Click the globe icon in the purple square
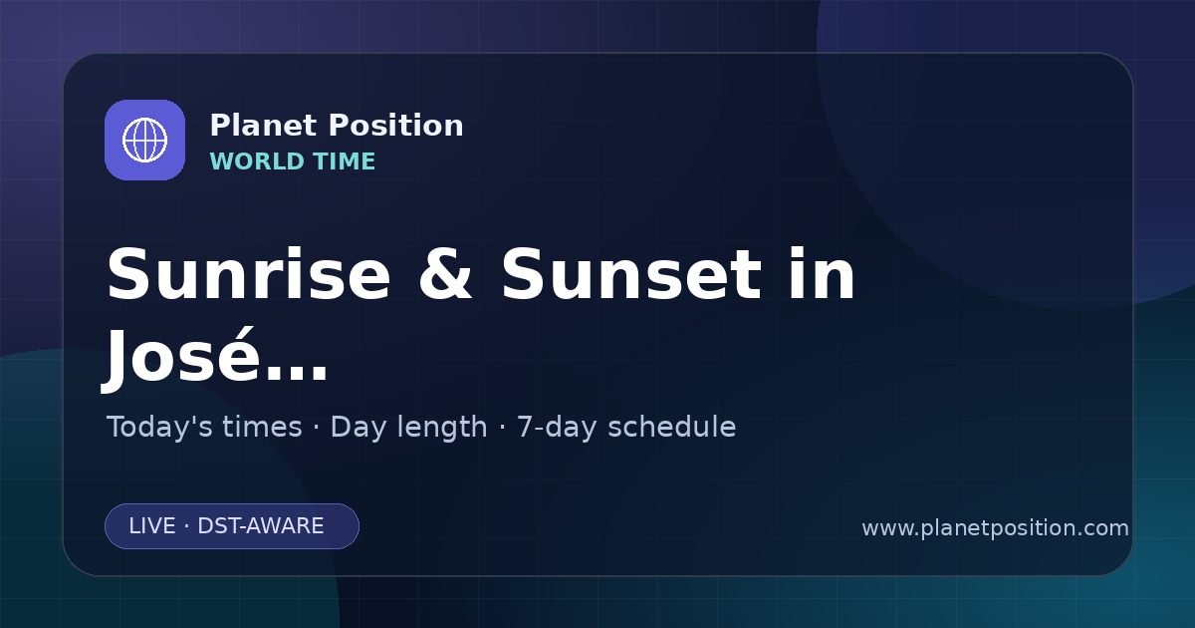pos(144,140)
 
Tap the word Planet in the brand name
pos(263,126)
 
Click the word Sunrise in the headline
pos(249,274)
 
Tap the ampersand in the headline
pos(445,274)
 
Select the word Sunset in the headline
pos(631,274)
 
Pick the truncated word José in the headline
pos(181,355)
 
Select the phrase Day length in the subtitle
pos(408,428)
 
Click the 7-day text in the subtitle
pos(557,428)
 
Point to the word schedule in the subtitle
pos(672,427)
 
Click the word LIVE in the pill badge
pos(152,526)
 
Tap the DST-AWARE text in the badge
pos(261,526)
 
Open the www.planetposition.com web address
pos(996,528)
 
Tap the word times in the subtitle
pos(262,427)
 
